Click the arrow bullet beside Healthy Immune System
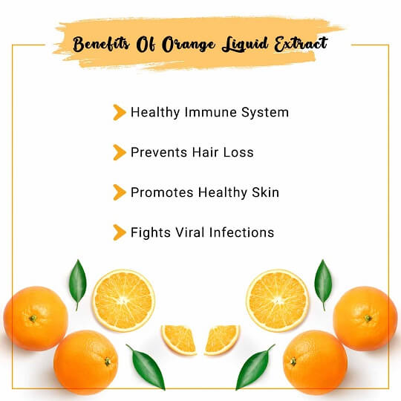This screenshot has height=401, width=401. click(x=118, y=112)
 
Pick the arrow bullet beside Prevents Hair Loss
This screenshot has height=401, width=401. click(x=118, y=152)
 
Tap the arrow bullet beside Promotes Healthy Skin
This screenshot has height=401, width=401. click(x=118, y=192)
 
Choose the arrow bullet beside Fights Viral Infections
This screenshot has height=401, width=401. click(x=118, y=232)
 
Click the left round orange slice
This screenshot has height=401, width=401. click(x=123, y=300)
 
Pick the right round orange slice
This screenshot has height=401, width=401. click(x=277, y=300)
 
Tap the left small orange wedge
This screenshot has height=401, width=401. click(x=178, y=339)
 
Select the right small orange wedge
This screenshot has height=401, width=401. click(x=221, y=339)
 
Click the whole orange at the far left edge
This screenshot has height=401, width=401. click(x=34, y=318)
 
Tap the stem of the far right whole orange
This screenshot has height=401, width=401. click(x=368, y=319)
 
